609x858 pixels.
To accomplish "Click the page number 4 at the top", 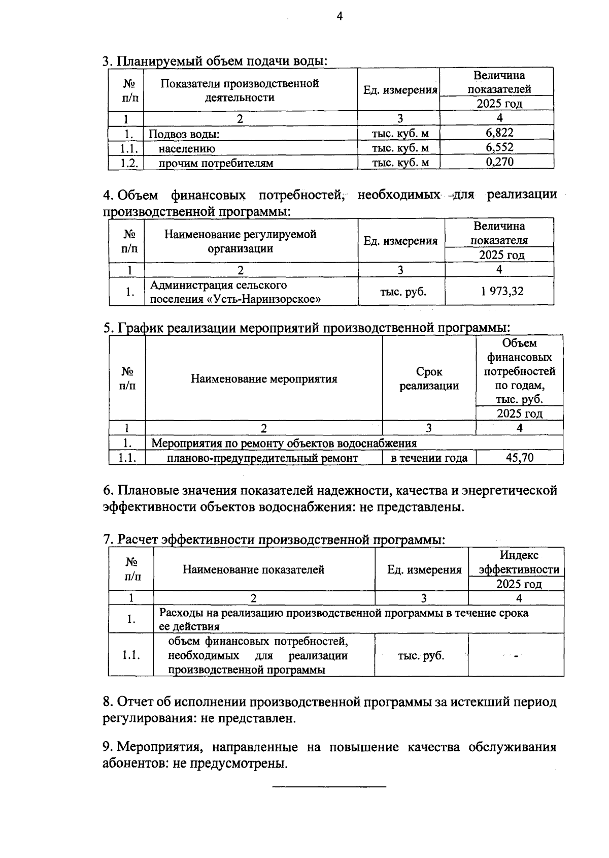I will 340,17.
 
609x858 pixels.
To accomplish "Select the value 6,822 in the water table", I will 499,133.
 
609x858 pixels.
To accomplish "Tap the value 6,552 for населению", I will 499,148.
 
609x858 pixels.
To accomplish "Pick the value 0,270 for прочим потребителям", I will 499,163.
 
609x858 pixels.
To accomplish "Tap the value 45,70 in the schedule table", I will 520,458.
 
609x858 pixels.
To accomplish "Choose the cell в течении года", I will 429,458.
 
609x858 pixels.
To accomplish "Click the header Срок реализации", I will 429,379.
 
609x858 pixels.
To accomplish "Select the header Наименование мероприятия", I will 264,379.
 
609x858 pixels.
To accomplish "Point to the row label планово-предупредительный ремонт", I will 262,458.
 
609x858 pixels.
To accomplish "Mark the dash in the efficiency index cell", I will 516,656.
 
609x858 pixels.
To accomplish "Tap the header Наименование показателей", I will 253,570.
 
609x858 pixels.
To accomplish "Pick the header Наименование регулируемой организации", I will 240,241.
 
